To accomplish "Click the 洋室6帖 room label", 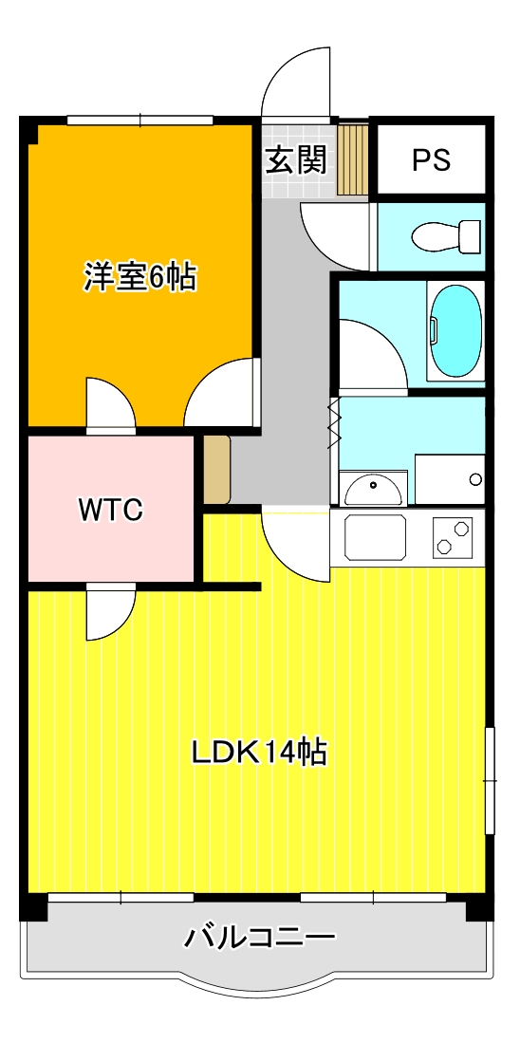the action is click(x=139, y=277).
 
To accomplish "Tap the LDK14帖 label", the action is click(x=259, y=753).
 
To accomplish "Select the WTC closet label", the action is click(x=111, y=511).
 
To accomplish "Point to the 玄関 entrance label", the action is click(x=297, y=159).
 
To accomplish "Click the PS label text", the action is click(x=432, y=159).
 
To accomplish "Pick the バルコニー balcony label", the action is click(x=259, y=939).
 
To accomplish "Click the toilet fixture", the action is click(x=446, y=237).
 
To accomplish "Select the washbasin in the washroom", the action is click(x=373, y=489).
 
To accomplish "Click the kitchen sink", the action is click(x=376, y=535).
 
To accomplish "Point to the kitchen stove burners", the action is click(x=453, y=537).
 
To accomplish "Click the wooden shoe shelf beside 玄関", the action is click(x=352, y=158).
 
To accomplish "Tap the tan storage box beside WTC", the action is click(x=216, y=470).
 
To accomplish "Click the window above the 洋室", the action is click(x=140, y=121).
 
